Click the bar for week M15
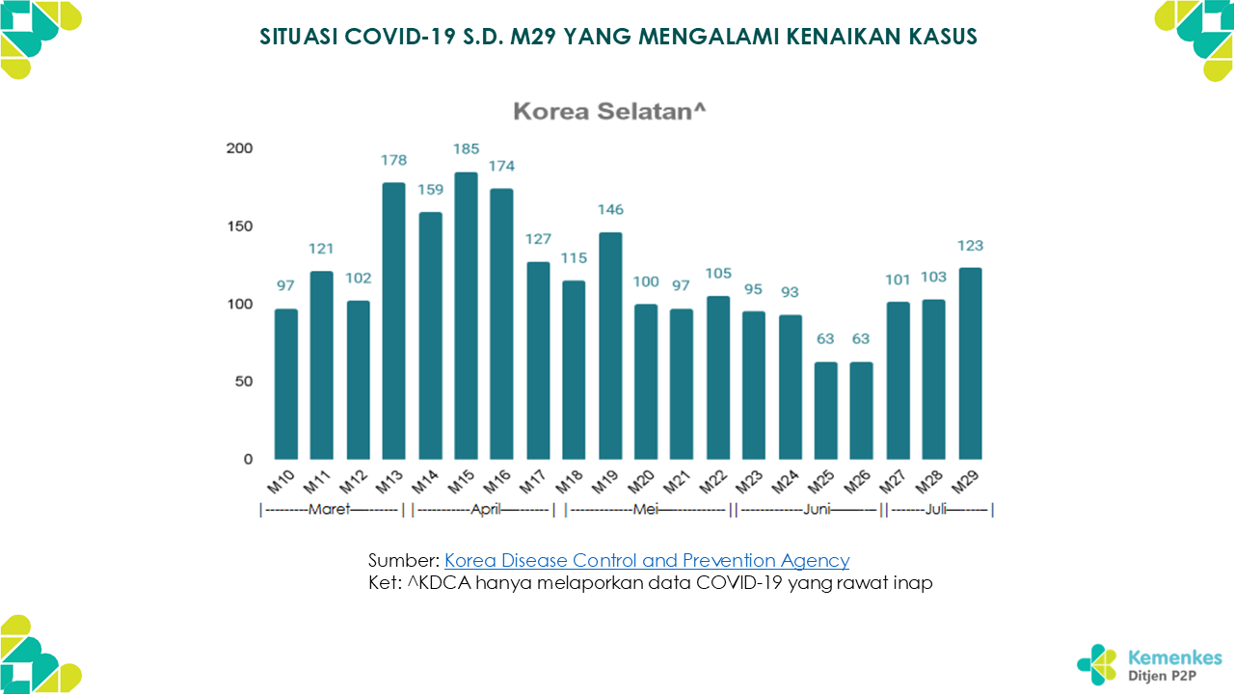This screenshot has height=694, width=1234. [466, 316]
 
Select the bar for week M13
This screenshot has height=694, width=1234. [393, 321]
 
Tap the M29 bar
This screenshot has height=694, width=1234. [970, 363]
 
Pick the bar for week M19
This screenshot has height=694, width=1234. [610, 346]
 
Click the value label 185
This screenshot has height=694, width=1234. [466, 149]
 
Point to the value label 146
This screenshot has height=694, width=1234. [610, 209]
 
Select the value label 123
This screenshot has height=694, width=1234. [970, 246]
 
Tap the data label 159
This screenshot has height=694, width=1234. [430, 189]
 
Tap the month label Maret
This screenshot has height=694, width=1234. [329, 510]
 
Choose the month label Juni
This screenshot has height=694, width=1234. [817, 510]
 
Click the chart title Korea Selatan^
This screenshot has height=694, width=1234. [609, 111]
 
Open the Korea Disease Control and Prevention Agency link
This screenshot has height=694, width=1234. [647, 560]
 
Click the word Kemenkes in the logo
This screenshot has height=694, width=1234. [1175, 658]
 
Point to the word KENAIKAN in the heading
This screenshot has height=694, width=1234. [844, 37]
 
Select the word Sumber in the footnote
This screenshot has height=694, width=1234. [403, 560]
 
